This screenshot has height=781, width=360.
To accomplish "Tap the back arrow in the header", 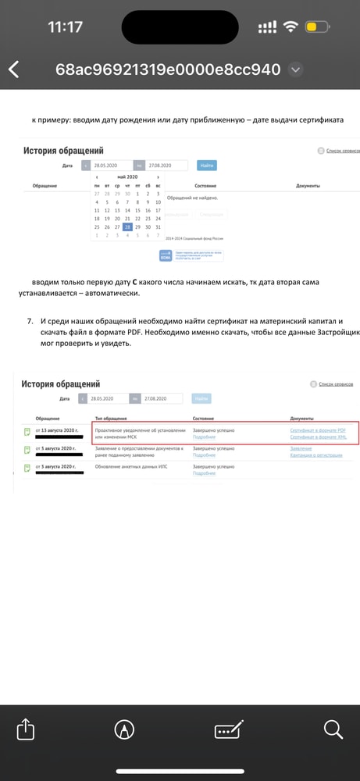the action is pos(14,70).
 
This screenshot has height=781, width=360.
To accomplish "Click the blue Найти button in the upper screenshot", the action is pos(206,166).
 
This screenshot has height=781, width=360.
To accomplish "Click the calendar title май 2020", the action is pos(127,178).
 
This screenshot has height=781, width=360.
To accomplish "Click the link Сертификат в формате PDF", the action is pos(318,430).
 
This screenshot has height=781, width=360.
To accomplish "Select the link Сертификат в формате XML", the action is pos(318,438).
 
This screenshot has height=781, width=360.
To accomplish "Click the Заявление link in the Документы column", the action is pos(301,448).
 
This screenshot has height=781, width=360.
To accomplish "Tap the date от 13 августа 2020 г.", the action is pos(55,430).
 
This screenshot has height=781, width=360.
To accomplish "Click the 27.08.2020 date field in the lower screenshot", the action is pos(161,398).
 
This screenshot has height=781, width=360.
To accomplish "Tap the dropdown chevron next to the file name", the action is pos(295,70).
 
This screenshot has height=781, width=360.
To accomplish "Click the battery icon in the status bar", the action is pos(315,27).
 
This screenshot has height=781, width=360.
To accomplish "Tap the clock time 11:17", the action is pos(65,27).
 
